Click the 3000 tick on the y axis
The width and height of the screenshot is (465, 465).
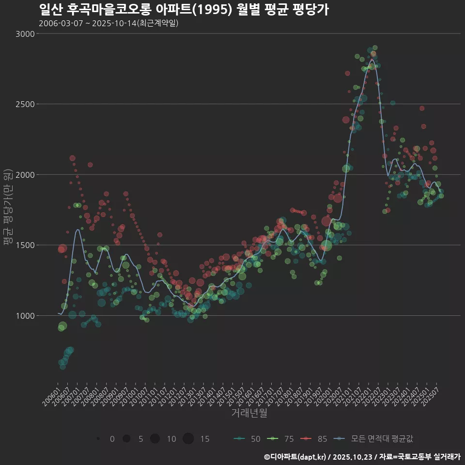(25, 34)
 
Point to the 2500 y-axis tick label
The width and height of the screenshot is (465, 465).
(25, 104)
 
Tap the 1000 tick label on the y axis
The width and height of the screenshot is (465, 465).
(25, 316)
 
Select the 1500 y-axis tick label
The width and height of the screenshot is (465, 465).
(25, 245)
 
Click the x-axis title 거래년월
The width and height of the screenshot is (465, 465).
(249, 413)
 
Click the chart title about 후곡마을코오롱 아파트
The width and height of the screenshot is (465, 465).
(184, 10)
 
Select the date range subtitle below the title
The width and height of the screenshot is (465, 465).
(108, 23)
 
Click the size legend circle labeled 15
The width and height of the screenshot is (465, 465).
(188, 439)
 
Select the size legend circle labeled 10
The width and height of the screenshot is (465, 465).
(155, 439)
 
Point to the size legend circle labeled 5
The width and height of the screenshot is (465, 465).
(126, 439)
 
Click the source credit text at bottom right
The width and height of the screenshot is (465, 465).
(362, 457)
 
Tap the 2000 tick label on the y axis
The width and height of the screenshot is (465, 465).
(25, 175)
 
